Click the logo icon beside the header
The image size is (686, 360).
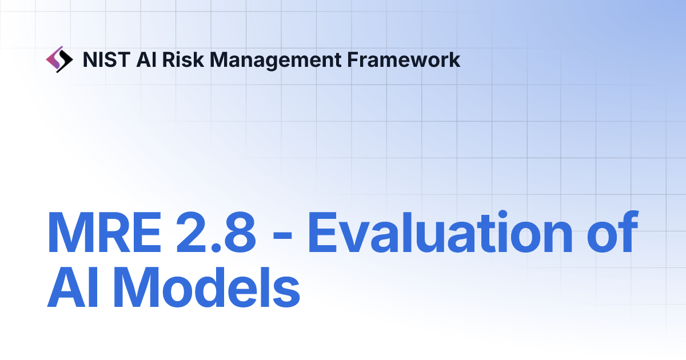coord(59,59)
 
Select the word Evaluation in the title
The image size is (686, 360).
coord(439,233)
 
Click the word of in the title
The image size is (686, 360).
coord(610,233)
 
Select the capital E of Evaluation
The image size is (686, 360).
coord(324,233)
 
